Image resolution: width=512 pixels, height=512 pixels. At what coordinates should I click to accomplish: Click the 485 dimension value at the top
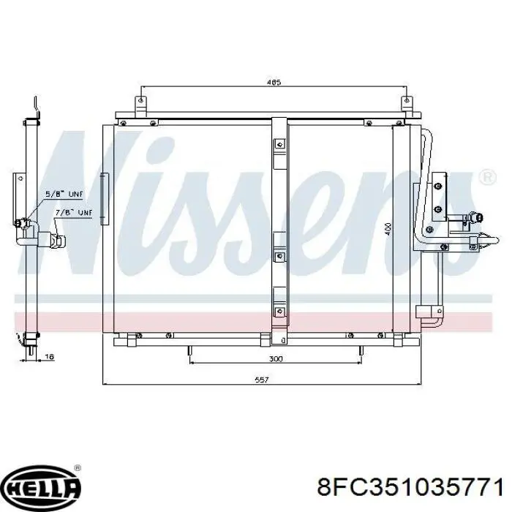click(274, 82)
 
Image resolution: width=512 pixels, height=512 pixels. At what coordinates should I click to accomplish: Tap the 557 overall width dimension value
click(262, 380)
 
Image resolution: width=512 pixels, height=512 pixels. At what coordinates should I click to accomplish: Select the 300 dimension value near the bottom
click(276, 359)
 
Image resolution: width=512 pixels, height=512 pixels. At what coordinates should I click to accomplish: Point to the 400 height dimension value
click(388, 229)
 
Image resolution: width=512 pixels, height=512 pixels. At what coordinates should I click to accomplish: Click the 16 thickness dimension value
click(49, 356)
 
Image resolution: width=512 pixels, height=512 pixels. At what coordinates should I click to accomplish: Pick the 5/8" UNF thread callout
click(64, 195)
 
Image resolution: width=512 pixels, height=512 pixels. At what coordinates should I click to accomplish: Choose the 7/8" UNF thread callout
click(74, 213)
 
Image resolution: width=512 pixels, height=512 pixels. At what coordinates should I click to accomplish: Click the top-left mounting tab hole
click(140, 100)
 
